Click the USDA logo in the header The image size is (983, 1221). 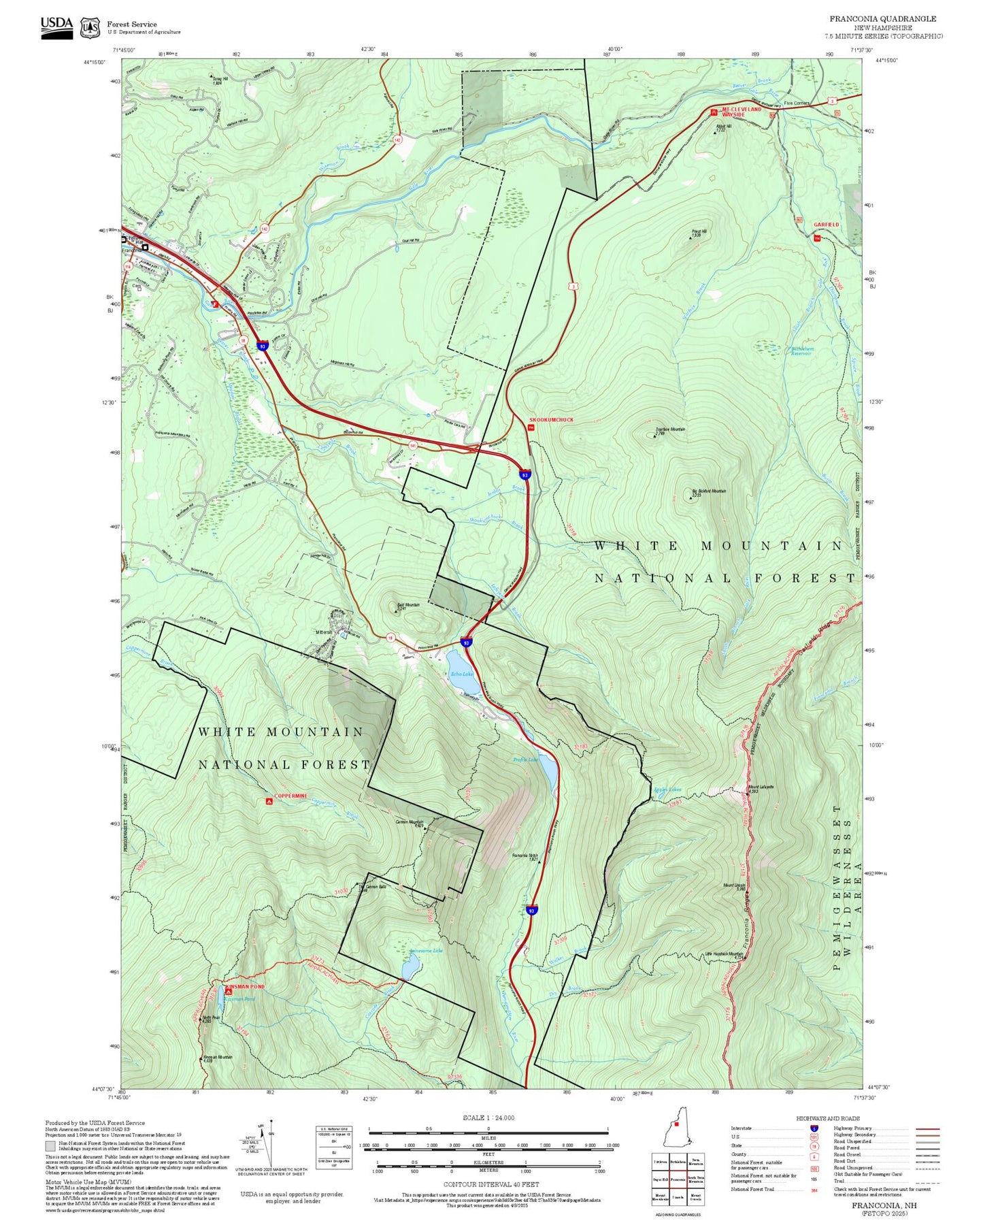coord(56,27)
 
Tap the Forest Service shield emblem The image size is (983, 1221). coord(90,27)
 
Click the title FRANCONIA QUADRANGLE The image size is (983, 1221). coord(882,18)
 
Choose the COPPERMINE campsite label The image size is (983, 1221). coord(290,796)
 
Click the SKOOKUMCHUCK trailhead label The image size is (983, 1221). coord(551,420)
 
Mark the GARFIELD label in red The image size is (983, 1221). coord(826,225)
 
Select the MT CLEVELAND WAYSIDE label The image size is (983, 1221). coord(742,112)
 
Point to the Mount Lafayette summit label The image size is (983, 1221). coord(761,788)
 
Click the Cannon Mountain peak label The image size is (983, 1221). coord(410,823)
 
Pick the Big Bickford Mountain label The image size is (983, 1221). coord(709,491)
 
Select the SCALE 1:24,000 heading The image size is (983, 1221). coord(488,1118)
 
